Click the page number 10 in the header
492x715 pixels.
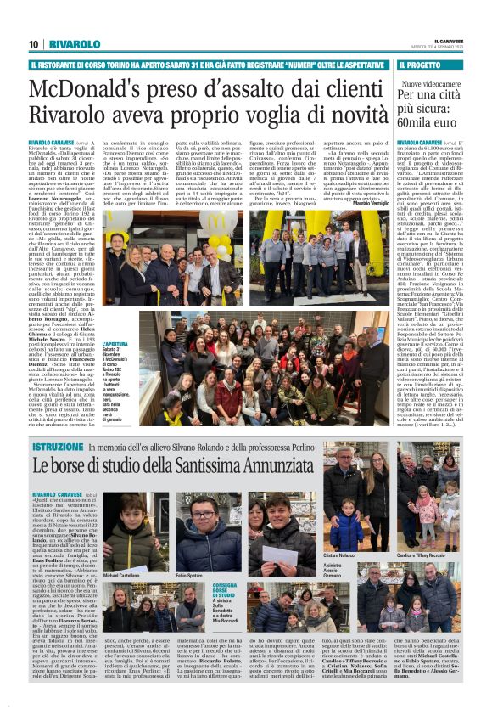32,43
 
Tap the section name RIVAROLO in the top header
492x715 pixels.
68,43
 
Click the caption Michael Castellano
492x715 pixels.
121,575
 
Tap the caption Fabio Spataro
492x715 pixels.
191,575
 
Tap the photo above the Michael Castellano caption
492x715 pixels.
135,530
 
